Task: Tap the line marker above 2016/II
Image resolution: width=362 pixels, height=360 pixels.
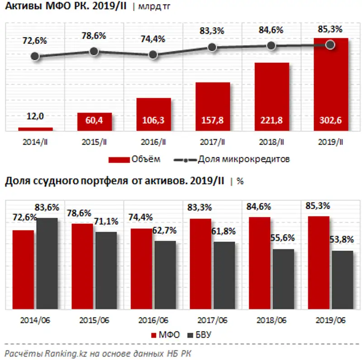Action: point(153,54)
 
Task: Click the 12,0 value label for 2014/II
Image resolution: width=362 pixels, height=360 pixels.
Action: point(35,116)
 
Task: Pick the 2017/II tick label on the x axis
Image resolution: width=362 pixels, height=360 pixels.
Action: point(212,142)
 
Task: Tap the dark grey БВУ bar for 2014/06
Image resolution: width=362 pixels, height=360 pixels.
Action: point(47,263)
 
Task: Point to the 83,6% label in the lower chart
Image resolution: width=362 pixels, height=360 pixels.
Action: point(48,207)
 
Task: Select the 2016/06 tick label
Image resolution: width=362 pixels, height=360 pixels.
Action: point(153,320)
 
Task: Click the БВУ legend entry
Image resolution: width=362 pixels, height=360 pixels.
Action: point(205,335)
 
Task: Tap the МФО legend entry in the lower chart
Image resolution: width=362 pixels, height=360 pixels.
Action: point(165,335)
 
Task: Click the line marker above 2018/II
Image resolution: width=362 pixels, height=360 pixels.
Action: point(271,46)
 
